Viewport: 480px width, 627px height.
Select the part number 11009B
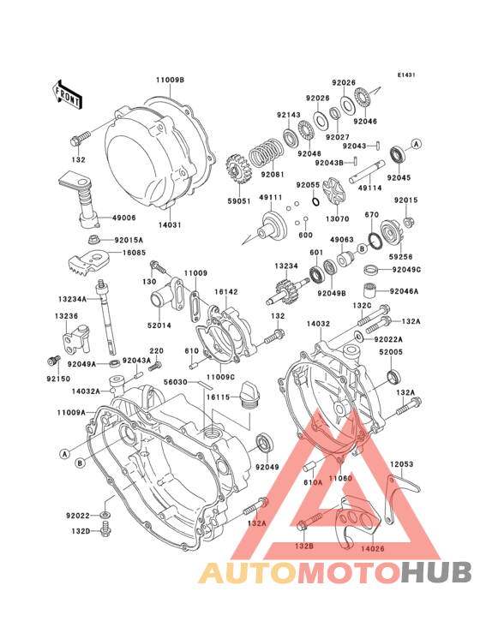(170, 80)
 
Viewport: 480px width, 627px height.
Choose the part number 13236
(68, 316)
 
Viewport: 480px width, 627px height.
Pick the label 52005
(391, 351)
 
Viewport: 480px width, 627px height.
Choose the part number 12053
(402, 465)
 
